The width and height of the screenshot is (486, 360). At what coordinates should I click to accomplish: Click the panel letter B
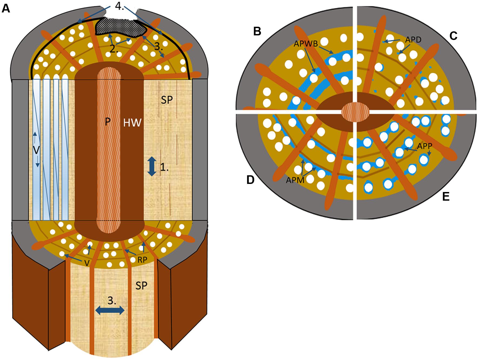click(257, 32)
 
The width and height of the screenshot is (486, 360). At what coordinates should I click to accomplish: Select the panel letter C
click(453, 36)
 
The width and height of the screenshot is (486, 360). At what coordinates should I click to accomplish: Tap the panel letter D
click(251, 180)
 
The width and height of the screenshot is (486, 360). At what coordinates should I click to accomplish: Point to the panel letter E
click(446, 197)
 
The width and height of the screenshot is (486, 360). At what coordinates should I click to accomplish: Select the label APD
click(413, 40)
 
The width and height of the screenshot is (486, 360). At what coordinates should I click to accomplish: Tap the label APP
click(425, 146)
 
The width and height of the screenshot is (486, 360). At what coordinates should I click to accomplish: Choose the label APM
click(295, 180)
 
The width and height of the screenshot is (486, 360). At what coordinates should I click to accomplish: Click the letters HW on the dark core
click(132, 123)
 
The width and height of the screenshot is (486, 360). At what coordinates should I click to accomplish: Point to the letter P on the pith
click(107, 122)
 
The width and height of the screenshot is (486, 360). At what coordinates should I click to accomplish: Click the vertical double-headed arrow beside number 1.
click(152, 166)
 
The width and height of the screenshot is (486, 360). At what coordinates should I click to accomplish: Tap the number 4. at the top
click(120, 6)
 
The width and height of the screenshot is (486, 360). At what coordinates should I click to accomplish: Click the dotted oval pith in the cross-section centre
click(355, 111)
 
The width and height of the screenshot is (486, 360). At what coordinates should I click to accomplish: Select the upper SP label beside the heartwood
click(167, 100)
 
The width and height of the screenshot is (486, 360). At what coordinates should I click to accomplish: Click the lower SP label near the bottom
click(141, 285)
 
